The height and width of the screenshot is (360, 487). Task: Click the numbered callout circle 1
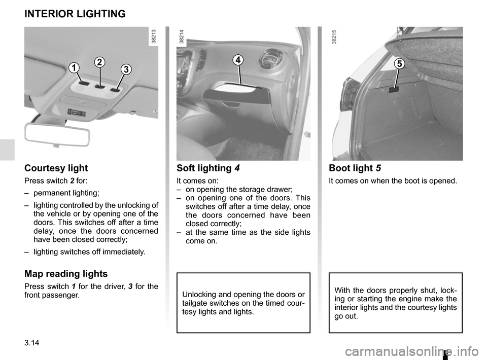point(75,67)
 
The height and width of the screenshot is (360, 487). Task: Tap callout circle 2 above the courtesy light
point(99,62)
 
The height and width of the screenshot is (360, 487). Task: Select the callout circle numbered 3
point(124,68)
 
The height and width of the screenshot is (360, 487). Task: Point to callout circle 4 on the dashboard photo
point(238,60)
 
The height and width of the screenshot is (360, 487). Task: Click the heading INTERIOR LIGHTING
point(75,14)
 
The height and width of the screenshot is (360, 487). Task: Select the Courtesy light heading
point(56,168)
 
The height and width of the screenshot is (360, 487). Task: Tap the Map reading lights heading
point(66,274)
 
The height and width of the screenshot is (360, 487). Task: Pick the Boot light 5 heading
point(355,168)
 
